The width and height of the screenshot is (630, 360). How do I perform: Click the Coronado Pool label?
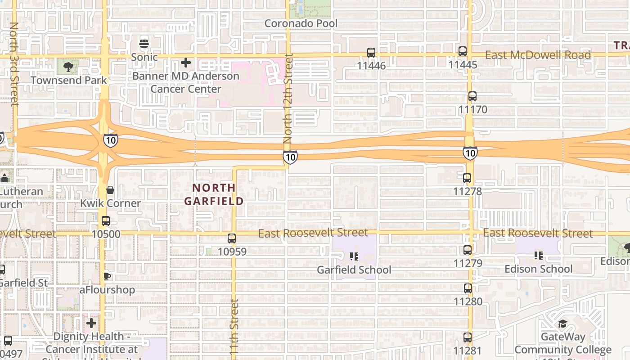(x=301, y=23)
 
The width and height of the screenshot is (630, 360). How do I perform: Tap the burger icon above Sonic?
(x=144, y=44)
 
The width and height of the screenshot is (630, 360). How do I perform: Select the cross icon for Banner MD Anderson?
(x=186, y=63)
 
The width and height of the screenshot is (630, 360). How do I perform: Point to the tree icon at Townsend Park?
(x=68, y=67)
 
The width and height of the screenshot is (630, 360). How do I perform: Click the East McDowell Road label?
(x=538, y=55)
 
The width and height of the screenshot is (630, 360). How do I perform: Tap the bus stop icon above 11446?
(x=371, y=53)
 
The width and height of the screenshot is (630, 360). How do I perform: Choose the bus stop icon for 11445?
(x=463, y=51)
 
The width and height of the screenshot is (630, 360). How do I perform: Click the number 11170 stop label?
(x=472, y=109)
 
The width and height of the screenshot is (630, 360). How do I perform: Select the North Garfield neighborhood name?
(x=214, y=194)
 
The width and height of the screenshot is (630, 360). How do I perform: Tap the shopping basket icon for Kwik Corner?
(x=110, y=190)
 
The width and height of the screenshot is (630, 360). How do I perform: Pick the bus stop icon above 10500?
(x=106, y=221)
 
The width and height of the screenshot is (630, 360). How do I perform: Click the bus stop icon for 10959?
(x=232, y=238)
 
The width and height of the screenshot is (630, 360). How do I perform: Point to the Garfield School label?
(x=354, y=270)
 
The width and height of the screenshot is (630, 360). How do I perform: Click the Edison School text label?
(x=539, y=269)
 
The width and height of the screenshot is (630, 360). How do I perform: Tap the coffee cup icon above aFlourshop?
(x=107, y=276)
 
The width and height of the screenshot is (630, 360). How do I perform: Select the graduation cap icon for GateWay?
(x=562, y=324)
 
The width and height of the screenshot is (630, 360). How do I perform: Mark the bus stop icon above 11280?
(x=468, y=288)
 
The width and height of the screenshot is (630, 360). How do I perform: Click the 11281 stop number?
(x=468, y=351)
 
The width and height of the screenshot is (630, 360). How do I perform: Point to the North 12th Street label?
(x=288, y=99)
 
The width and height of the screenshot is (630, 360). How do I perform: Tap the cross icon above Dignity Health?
(x=91, y=323)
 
